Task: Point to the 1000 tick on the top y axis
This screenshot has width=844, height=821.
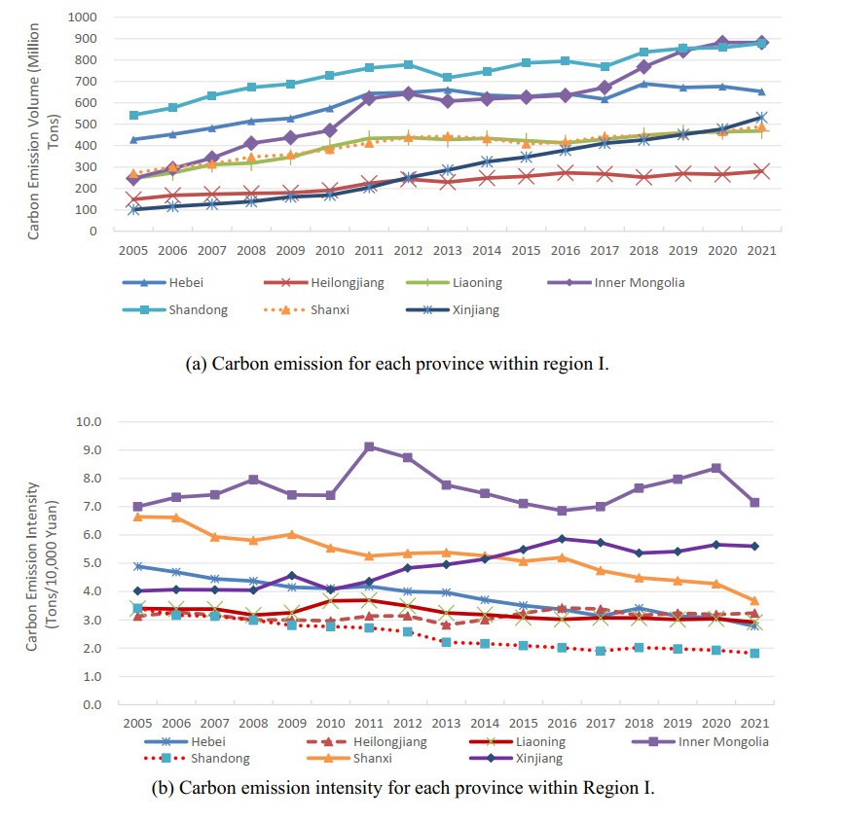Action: point(83,18)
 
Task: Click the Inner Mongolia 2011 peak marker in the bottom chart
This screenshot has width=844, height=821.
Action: point(370,446)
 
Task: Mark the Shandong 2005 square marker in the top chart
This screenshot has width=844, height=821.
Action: point(134,115)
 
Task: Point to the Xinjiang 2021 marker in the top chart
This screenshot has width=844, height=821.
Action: point(761,118)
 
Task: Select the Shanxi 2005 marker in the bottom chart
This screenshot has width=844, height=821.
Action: point(138,517)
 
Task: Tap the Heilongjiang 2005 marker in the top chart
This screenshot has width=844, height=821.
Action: point(134,199)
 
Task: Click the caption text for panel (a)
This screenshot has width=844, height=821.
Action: point(396,364)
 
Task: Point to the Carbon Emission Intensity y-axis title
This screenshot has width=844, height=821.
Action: point(40,564)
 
